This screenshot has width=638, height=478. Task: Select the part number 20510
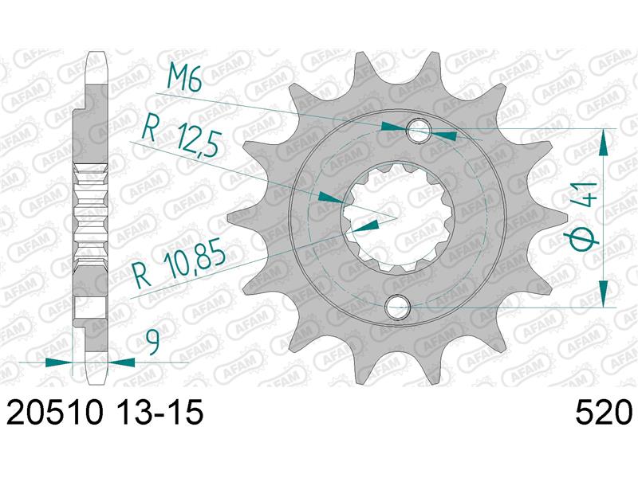[53, 415]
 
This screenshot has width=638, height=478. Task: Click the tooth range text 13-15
[159, 415]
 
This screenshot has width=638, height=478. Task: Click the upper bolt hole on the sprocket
[419, 131]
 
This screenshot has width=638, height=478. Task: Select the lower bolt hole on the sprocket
[396, 307]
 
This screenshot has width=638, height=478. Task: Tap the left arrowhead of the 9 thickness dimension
[57, 362]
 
